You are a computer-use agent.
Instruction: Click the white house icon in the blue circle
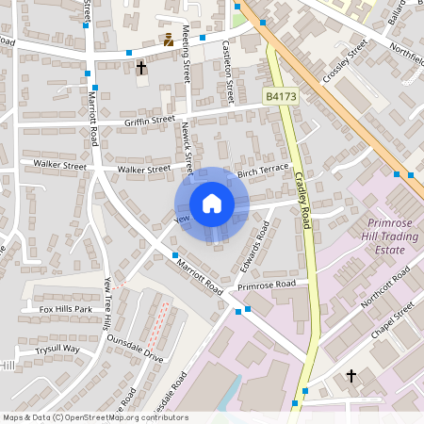(212, 203)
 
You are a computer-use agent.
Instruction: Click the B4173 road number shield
(280, 96)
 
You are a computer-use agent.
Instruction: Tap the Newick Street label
(188, 148)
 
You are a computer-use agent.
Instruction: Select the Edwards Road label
(256, 241)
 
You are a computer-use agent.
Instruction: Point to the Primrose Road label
(267, 285)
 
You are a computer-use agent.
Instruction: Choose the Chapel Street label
(393, 322)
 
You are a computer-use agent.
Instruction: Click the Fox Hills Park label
(65, 309)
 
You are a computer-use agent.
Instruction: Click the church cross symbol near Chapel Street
(351, 375)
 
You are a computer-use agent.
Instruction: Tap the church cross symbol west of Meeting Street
(141, 68)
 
